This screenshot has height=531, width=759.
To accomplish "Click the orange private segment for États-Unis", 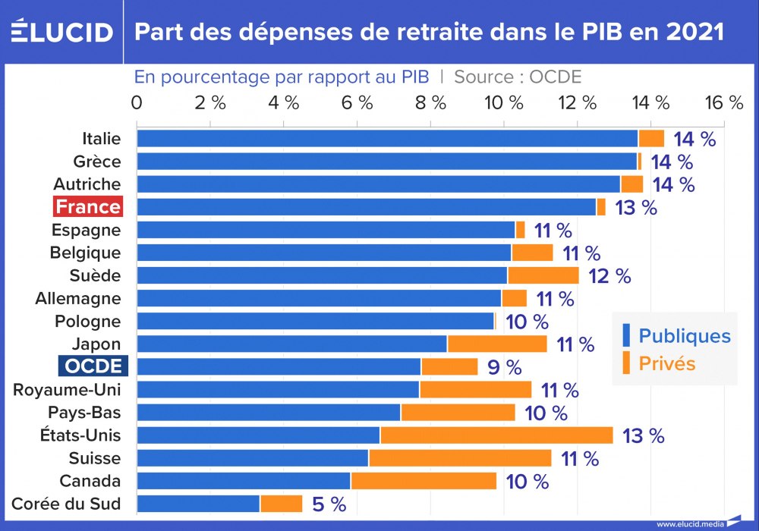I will (496, 435).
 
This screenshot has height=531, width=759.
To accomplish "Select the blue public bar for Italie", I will (387, 138).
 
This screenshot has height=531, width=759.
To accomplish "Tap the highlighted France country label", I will (88, 207).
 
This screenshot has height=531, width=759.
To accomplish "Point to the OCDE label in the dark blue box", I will (93, 366).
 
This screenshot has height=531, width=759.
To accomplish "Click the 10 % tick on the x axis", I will (505, 103).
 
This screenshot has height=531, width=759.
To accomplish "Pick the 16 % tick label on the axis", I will (725, 103).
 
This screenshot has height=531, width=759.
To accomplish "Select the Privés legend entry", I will (666, 363).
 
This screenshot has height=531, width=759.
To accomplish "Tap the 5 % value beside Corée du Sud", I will (329, 504).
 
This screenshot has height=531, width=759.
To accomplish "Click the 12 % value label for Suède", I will (609, 276).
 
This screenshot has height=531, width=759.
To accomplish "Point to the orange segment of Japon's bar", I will (497, 344).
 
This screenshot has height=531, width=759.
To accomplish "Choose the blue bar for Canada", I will (244, 481).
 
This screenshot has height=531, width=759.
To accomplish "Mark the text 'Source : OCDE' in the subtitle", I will (518, 77).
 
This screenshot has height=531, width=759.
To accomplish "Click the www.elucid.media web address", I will (689, 523).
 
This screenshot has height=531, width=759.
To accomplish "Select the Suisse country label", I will (94, 458).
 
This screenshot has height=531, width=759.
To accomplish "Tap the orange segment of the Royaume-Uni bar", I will (476, 390).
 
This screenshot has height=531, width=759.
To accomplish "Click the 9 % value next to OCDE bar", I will (504, 368).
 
